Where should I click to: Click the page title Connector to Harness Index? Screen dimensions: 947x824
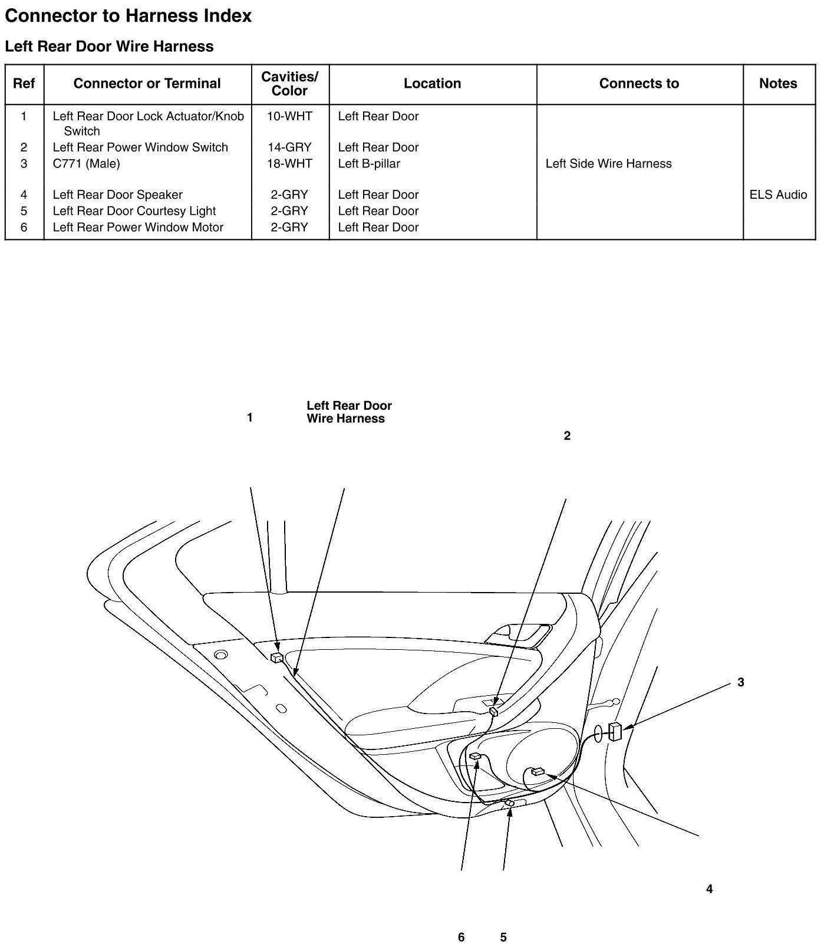click(128, 16)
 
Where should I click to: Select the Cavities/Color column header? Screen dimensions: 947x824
click(289, 84)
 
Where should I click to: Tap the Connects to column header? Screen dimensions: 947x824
click(639, 84)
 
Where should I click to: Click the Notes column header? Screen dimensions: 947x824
click(778, 84)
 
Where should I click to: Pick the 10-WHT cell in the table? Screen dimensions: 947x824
click(289, 116)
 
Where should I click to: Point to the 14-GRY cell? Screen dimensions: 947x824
click(289, 147)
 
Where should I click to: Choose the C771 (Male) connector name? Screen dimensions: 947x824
click(86, 164)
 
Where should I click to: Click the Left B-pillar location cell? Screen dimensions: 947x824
click(369, 164)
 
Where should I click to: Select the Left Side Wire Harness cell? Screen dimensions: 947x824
click(608, 164)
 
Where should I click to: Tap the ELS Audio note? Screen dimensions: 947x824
click(778, 195)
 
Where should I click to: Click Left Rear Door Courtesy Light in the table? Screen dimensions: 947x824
click(134, 211)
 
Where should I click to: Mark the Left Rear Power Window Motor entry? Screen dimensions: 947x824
click(138, 228)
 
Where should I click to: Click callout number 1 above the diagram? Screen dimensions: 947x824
click(250, 418)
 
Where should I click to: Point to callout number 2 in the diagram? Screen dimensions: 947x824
click(567, 436)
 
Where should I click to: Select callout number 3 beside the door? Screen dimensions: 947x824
click(741, 683)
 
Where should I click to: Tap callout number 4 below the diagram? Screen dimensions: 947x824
click(709, 889)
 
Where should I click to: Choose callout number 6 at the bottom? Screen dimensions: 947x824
click(461, 938)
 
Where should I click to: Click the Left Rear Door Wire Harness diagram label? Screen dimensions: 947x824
click(349, 412)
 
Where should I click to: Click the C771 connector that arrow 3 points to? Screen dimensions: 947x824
click(615, 731)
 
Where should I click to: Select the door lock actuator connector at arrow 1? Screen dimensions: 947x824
click(276, 658)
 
